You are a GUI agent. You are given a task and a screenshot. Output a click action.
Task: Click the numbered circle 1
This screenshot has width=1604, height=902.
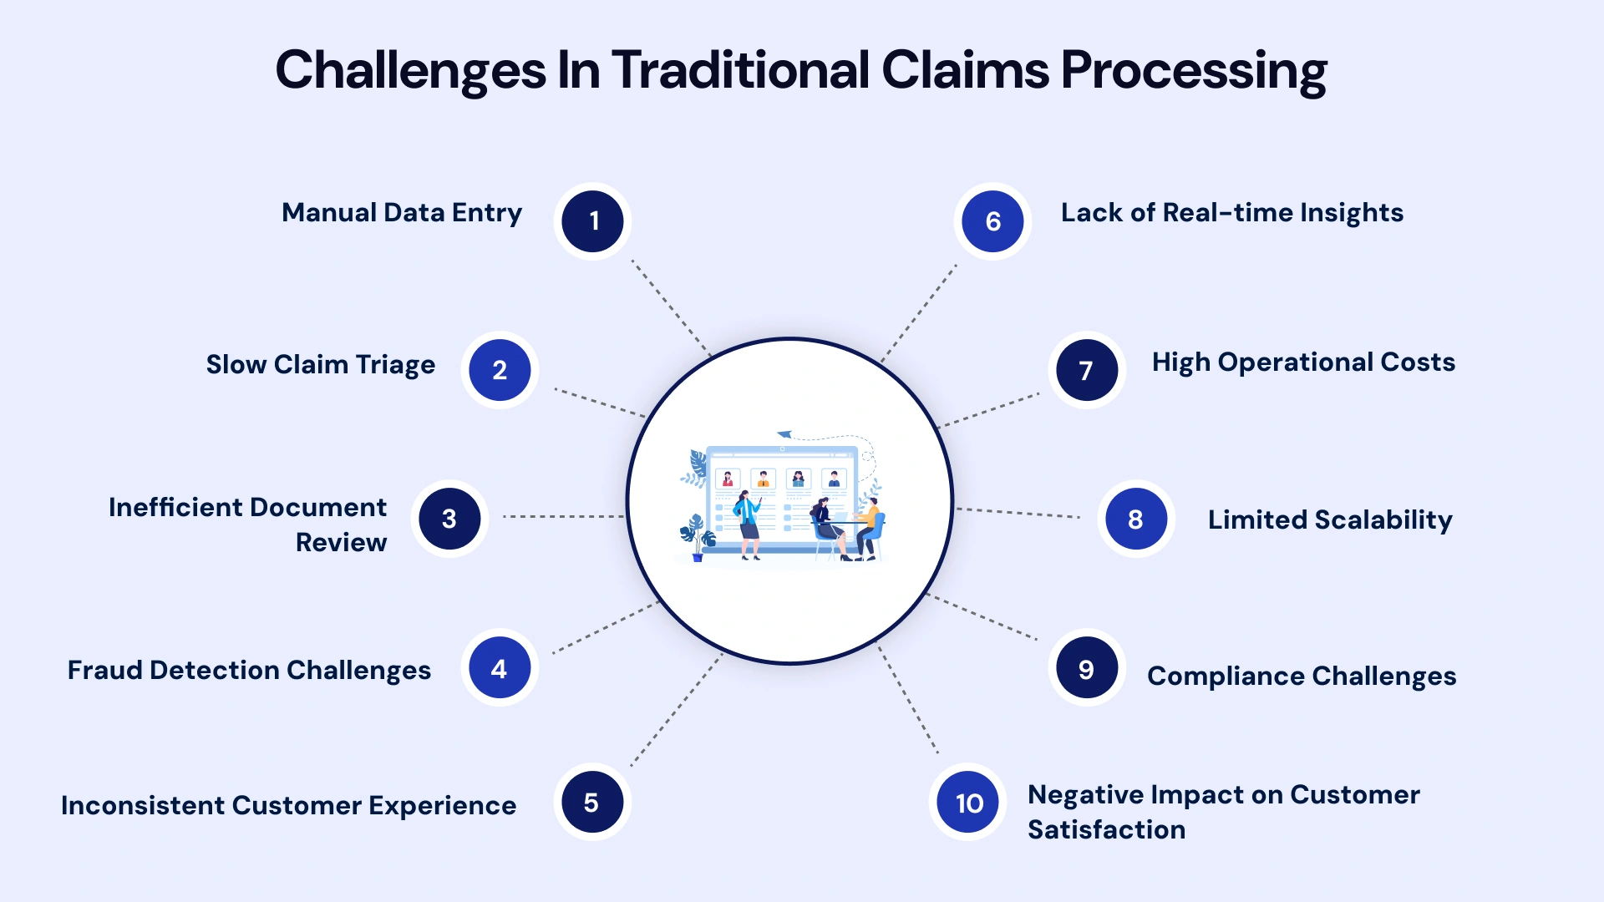[x=592, y=221]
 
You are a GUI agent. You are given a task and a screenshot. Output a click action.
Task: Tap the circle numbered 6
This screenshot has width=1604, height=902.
[x=992, y=221]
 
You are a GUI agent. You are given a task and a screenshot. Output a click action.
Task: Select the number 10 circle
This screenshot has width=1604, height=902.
[x=968, y=803]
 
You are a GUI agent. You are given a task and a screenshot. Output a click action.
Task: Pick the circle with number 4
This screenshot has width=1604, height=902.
[x=500, y=668]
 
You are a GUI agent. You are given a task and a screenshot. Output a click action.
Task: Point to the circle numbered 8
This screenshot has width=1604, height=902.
[x=1135, y=519]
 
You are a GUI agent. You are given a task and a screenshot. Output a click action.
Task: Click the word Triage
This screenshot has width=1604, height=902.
[x=394, y=365]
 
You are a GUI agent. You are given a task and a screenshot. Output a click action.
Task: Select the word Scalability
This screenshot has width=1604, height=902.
[x=1383, y=519]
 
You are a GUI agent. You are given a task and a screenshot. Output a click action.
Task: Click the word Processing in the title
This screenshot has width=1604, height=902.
[x=1193, y=70]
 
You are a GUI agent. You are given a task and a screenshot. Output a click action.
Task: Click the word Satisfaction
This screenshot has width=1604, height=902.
[x=1106, y=829]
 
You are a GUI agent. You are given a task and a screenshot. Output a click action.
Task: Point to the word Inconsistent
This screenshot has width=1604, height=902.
[x=143, y=805]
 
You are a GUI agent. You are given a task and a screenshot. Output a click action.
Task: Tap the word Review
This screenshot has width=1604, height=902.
[x=341, y=542]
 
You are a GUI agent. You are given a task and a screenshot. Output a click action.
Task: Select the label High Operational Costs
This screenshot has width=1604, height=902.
[x=1302, y=362]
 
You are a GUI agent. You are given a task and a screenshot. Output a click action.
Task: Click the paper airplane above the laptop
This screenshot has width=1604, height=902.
[x=784, y=434]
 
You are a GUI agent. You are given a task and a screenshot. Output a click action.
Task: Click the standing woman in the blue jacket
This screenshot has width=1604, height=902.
[x=747, y=522]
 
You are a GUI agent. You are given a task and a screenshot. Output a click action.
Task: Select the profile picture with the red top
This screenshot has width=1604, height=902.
[x=728, y=479]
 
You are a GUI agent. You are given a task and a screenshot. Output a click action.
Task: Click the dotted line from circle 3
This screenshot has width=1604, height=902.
[x=563, y=517]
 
